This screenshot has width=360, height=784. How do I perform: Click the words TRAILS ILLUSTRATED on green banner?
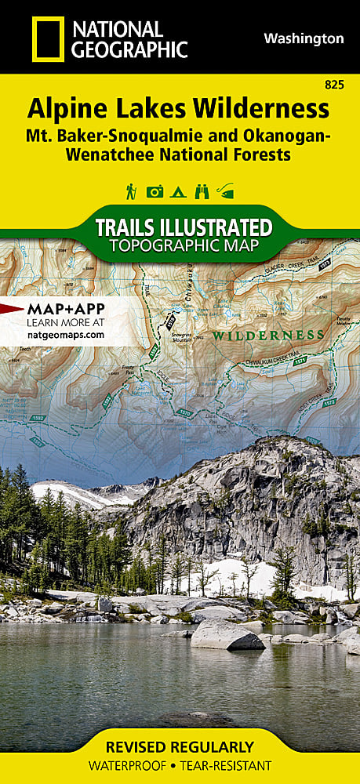pos(183,228)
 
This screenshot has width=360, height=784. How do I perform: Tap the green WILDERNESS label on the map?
pos(268,335)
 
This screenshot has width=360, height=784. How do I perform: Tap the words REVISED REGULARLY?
pos(180,747)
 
